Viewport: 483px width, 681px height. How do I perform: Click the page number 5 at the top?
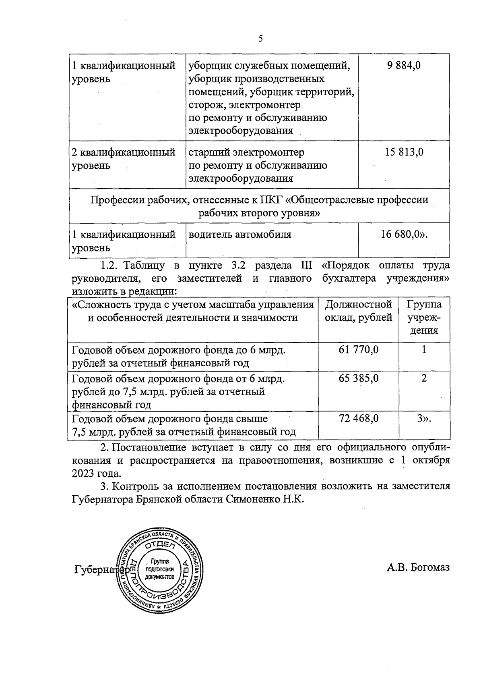point(260,39)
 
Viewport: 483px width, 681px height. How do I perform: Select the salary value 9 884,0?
point(404,65)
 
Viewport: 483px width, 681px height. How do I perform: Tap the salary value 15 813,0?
point(404,152)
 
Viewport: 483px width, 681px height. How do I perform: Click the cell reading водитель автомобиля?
point(240,234)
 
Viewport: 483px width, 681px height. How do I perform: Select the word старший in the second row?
point(209,152)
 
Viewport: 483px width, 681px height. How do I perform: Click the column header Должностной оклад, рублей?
point(358,311)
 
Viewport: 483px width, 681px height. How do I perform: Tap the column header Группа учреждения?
point(424,317)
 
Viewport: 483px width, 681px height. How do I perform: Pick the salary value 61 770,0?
point(358,349)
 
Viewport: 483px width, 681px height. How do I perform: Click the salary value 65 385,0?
point(358,378)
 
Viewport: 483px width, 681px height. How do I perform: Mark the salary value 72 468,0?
point(358,419)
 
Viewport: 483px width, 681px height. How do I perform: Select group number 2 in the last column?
point(424,378)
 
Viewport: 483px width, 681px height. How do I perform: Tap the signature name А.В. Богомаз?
point(418,568)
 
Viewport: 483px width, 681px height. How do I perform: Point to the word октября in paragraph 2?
point(430,460)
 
